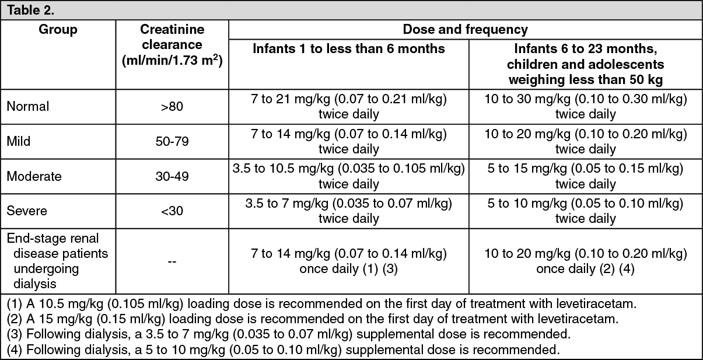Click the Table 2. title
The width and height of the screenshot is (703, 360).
click(x=30, y=10)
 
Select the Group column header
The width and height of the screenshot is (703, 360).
click(x=58, y=30)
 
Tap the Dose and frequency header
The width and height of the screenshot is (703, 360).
click(x=464, y=29)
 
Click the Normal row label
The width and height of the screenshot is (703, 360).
click(x=28, y=106)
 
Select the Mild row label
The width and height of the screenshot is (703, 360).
click(x=19, y=142)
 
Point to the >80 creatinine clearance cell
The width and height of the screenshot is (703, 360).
click(x=172, y=107)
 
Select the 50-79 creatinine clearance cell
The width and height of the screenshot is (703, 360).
click(x=172, y=142)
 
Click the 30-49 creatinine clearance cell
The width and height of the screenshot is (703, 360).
click(x=172, y=177)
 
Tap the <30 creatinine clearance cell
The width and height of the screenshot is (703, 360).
click(x=172, y=211)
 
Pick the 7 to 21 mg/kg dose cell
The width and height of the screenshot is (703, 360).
click(x=348, y=107)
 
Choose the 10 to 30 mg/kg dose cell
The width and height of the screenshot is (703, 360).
click(x=585, y=107)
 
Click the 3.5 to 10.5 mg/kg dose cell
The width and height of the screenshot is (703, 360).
click(x=348, y=177)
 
